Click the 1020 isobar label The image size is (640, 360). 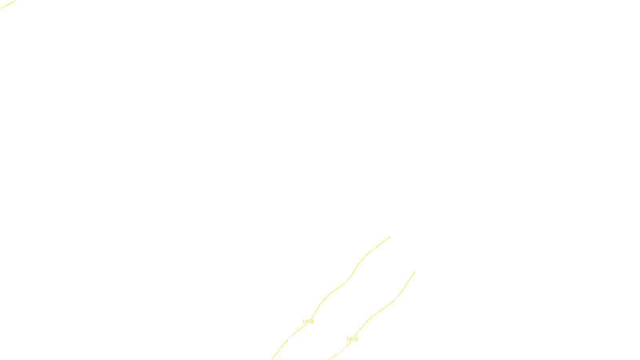click(x=308, y=322)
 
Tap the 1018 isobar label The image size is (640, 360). click(x=352, y=339)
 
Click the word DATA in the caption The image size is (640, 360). click(x=338, y=353)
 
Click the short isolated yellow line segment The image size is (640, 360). click(x=8, y=4)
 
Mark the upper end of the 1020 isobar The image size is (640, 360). click(x=390, y=237)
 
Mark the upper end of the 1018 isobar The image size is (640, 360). click(x=415, y=272)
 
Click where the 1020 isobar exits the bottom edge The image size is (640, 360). click(x=272, y=359)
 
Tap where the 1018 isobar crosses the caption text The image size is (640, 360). click(x=339, y=354)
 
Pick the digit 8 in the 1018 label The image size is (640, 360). click(x=356, y=339)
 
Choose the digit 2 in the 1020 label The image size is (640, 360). click(x=309, y=322)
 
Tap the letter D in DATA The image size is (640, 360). click(x=334, y=353)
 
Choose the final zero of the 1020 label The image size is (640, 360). click(x=312, y=322)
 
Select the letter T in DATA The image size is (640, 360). click(x=340, y=353)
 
